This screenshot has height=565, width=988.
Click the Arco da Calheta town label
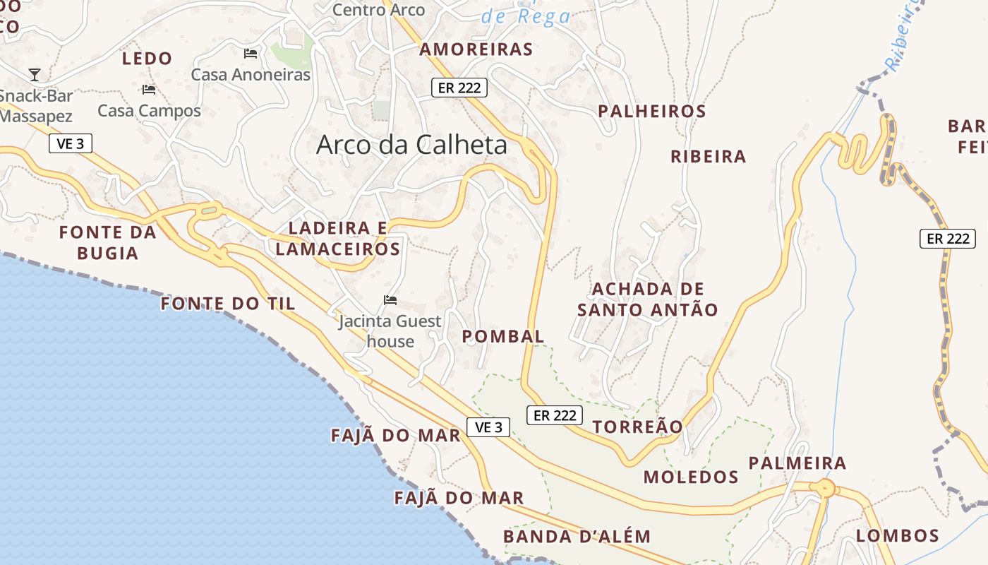click(411, 145)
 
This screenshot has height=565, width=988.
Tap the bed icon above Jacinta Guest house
click(390, 300)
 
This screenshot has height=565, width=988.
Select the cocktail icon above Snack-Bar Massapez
click(35, 74)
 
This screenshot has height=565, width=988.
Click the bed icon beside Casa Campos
click(149, 90)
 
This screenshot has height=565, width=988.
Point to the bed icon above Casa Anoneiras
click(251, 54)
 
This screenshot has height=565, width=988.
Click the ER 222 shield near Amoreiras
click(459, 88)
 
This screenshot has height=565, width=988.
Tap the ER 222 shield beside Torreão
click(555, 415)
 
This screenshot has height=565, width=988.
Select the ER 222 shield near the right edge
click(947, 239)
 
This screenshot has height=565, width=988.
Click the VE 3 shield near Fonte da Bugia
click(71, 144)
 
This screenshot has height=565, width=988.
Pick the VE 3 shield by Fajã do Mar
click(488, 427)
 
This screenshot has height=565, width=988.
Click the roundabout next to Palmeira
click(824, 488)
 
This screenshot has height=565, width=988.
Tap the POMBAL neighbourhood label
click(503, 336)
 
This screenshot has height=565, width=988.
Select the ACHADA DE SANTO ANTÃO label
click(647, 299)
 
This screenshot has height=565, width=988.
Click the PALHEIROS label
click(651, 112)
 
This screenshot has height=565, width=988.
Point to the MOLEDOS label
click(690, 477)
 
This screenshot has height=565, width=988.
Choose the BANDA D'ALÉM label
click(577, 536)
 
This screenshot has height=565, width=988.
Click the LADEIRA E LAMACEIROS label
click(338, 238)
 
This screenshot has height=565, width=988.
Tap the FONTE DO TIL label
click(228, 304)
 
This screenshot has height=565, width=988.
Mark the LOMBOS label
click(897, 535)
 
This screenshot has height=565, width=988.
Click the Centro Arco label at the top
click(379, 10)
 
